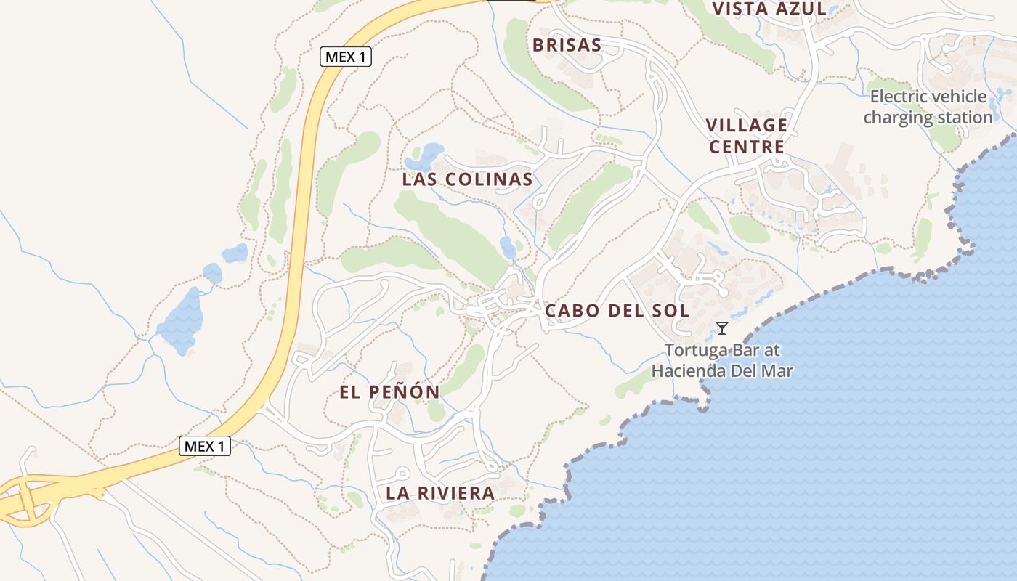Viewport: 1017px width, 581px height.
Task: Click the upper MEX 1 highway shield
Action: point(346,57)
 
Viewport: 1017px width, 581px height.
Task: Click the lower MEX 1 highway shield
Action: point(205,446)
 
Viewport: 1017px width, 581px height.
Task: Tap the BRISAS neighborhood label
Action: point(567,45)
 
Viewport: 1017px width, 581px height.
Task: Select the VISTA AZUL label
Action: point(769,9)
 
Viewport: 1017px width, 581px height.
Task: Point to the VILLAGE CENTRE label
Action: point(747,136)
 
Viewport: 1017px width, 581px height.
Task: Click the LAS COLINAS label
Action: point(467,179)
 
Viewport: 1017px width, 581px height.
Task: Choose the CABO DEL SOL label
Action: point(617,311)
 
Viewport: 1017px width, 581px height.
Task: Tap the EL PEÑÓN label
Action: point(389,392)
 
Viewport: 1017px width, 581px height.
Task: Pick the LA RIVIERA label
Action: point(440,494)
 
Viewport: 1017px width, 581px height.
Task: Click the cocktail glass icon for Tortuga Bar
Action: point(722,328)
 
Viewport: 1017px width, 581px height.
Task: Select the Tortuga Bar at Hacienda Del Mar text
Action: point(722,360)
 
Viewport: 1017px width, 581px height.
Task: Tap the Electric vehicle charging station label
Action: point(928,107)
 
